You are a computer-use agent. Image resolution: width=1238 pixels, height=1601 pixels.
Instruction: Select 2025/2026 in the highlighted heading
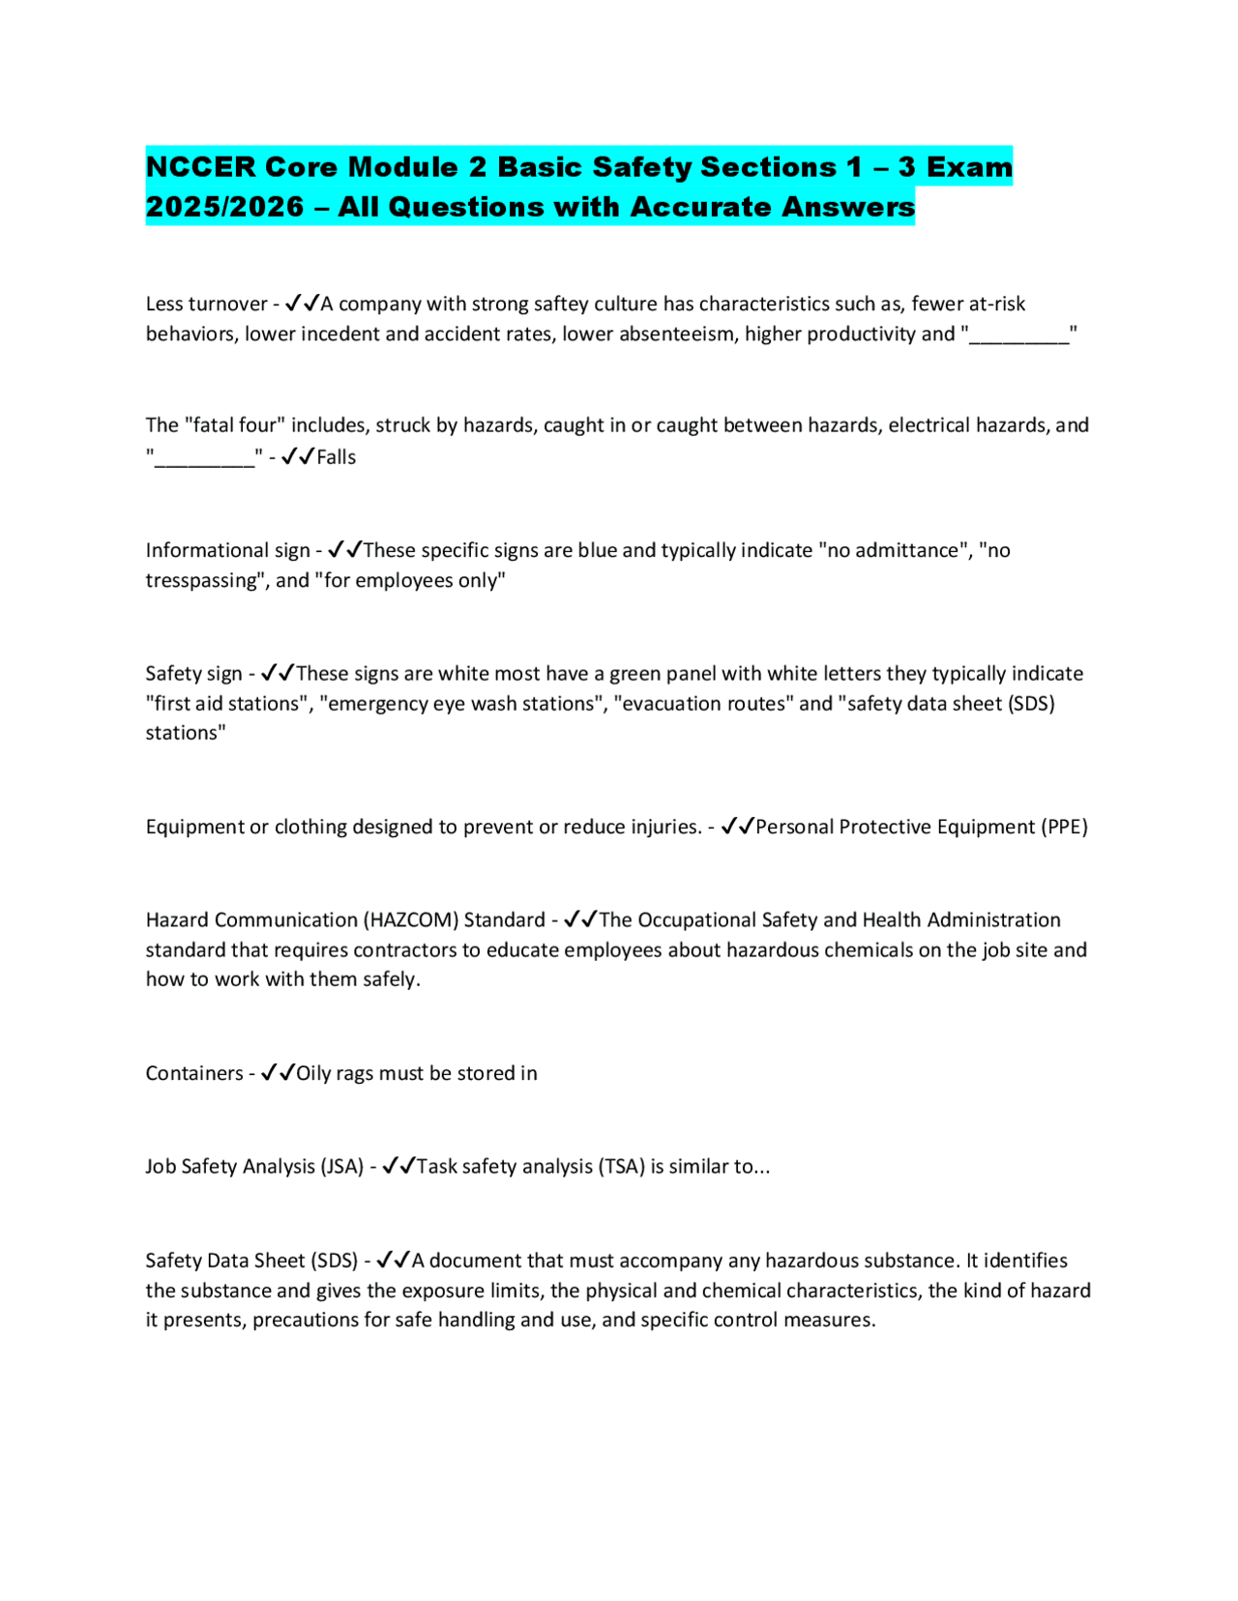pos(224,207)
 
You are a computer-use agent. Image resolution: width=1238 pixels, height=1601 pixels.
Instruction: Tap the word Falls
pos(337,457)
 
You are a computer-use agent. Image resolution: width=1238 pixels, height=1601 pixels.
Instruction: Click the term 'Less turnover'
pos(206,304)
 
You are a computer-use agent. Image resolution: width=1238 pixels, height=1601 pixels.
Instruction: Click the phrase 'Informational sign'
pos(227,550)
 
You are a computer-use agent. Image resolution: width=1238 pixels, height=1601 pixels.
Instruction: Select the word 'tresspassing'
pos(203,580)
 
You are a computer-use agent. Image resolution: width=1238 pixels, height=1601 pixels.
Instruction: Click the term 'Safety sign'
pos(193,673)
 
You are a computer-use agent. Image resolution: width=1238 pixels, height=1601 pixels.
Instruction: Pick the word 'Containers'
pos(194,1073)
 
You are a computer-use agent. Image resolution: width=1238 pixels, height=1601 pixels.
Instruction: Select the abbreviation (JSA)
pos(342,1166)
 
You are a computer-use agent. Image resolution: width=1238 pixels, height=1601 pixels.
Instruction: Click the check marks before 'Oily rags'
pos(279,1072)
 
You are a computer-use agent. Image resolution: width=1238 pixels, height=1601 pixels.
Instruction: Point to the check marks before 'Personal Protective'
pos(738,826)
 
